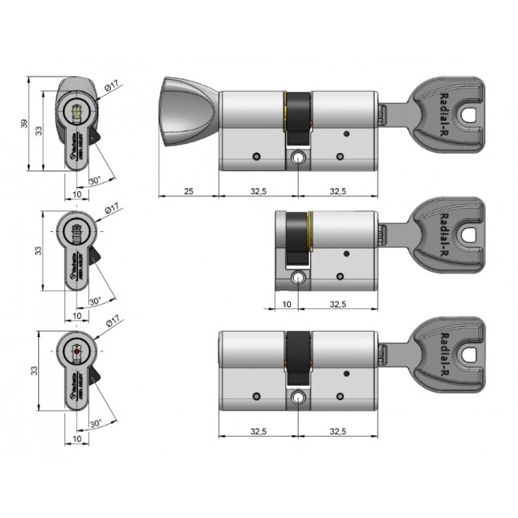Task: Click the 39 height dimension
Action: [23, 123]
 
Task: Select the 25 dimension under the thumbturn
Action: [188, 191]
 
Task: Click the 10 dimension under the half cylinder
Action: [285, 304]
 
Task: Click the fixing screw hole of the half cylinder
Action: [299, 278]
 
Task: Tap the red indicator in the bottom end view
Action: [77, 351]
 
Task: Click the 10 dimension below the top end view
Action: [77, 194]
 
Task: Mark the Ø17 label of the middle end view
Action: [112, 209]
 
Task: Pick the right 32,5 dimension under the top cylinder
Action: [338, 191]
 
